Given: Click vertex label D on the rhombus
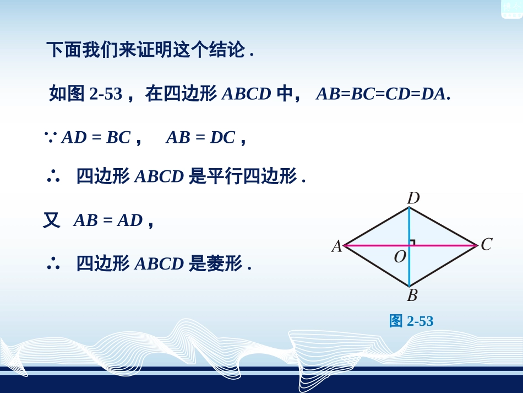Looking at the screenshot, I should point(413,198).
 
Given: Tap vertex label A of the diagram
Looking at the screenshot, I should point(336,246).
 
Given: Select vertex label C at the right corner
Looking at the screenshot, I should point(486,244).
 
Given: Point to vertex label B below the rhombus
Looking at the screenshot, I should point(412,295).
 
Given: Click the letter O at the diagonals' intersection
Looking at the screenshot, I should point(400,257).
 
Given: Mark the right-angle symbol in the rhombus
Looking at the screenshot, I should point(412,242).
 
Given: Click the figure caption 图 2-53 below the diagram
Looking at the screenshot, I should point(411,321).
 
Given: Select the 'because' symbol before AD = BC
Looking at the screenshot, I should point(51,137).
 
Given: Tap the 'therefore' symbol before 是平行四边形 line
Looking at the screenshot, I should point(53,176).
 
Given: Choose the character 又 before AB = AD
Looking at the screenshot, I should point(52,220).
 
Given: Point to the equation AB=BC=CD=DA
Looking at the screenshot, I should point(383,94).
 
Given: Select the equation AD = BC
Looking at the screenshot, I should point(96,137).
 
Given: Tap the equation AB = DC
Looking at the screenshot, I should point(200,137).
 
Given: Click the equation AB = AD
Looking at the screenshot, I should point(108,220).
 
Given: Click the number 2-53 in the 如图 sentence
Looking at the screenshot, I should point(105,94).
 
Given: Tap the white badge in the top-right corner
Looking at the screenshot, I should point(511,8).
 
